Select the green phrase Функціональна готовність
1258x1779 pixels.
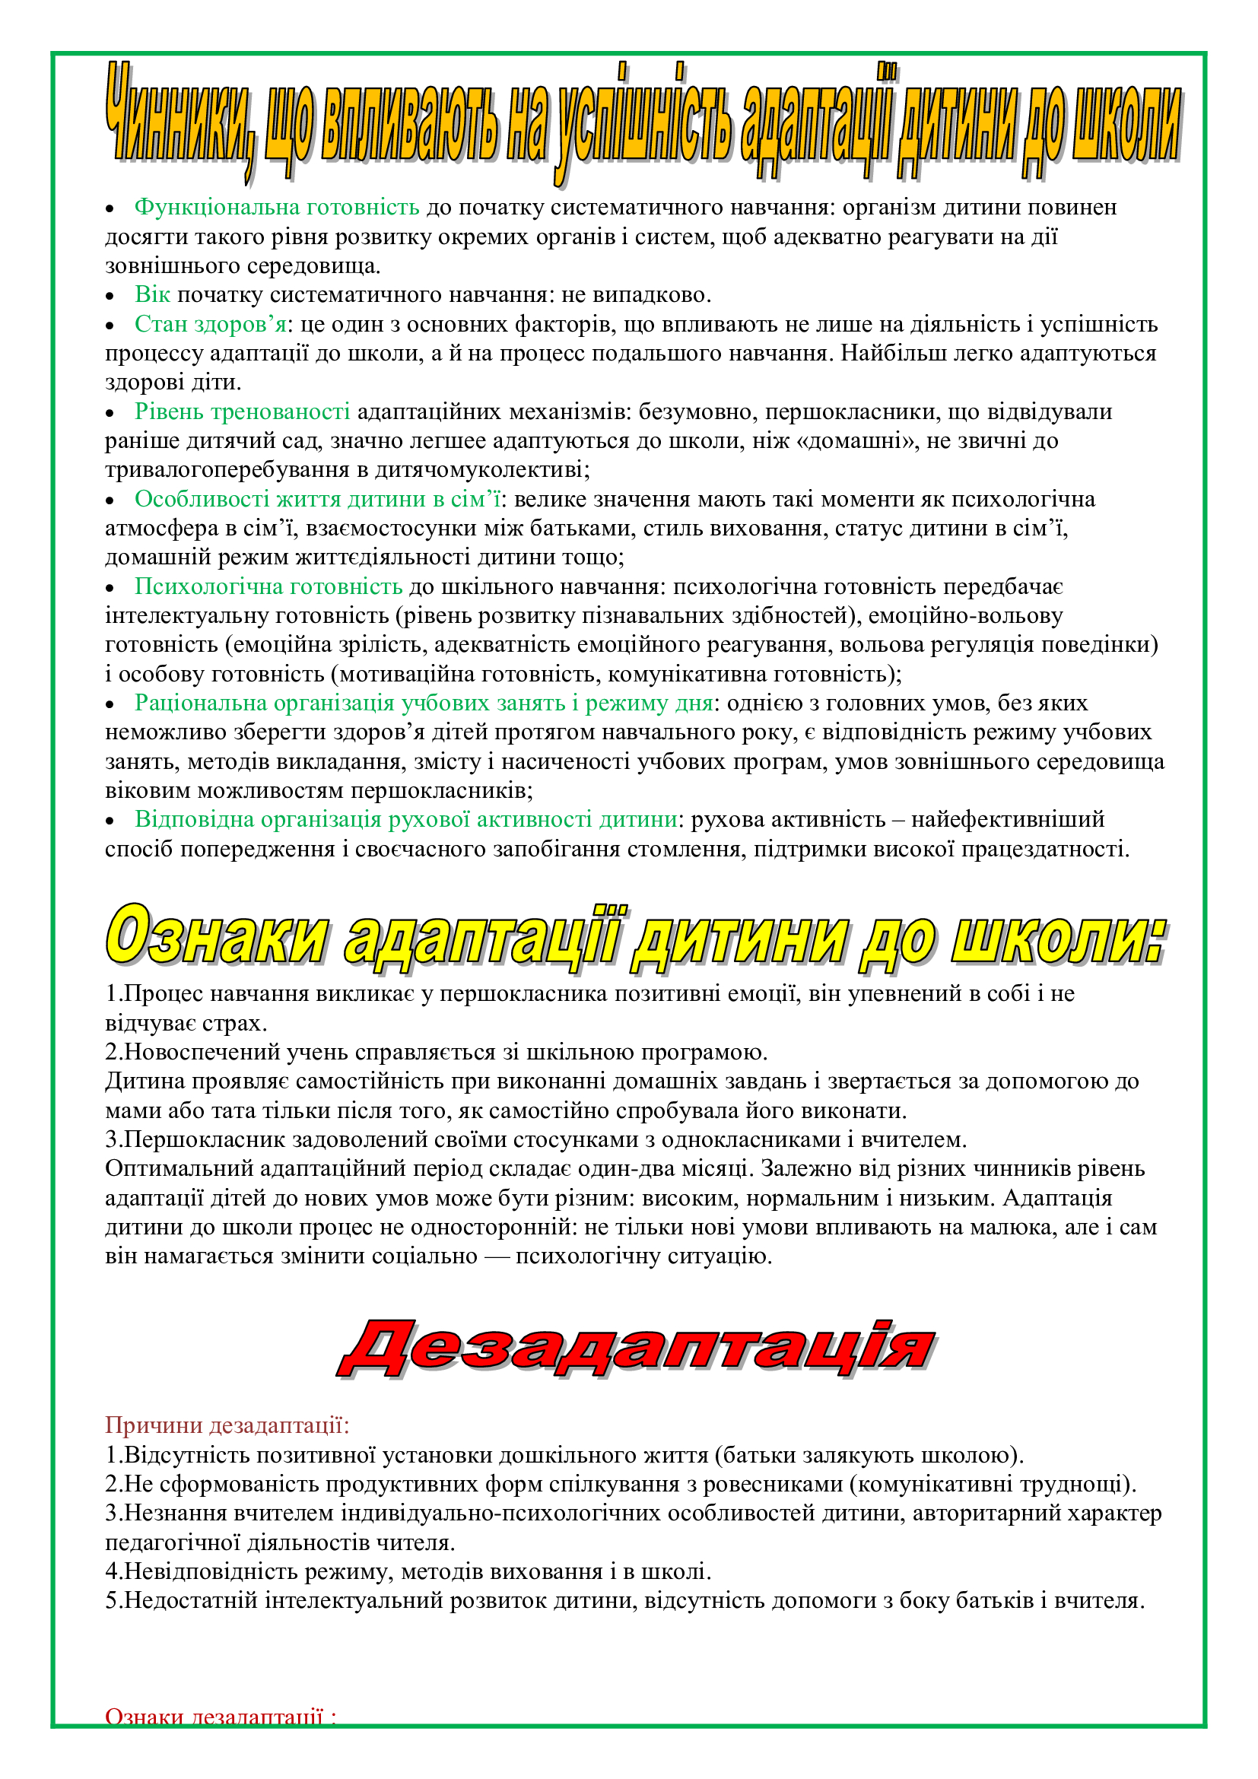click(277, 208)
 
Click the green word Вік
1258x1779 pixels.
click(152, 294)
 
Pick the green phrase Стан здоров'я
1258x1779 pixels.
click(210, 324)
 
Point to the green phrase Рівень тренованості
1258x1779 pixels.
click(242, 411)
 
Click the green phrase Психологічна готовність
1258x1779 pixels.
click(268, 586)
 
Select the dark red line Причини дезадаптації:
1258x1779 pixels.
click(227, 1425)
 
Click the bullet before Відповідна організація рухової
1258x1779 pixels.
click(110, 821)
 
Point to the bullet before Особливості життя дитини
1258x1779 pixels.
click(110, 500)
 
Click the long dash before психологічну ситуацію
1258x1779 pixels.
click(497, 1256)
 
